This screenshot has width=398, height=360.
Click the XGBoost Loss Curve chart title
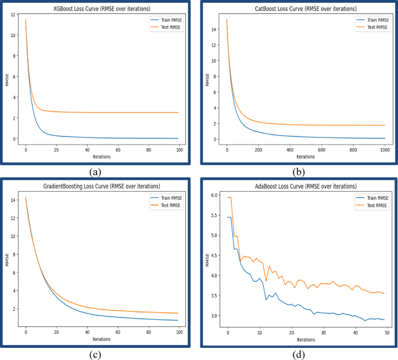102,9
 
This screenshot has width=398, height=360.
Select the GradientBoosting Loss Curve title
102,187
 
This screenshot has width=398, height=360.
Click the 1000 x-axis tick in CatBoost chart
384,150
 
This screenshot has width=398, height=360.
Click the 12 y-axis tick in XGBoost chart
15,15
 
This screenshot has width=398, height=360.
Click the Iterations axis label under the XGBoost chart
102,157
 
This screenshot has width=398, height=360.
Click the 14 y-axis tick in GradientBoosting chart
14,200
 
